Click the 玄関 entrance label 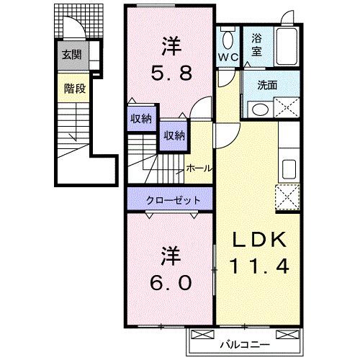click(x=71, y=55)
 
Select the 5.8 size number click(x=170, y=73)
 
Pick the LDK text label click(x=260, y=240)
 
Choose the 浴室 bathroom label click(x=256, y=47)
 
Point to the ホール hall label click(x=198, y=168)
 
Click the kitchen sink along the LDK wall click(x=289, y=170)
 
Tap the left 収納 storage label click(x=141, y=119)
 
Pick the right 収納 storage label click(x=174, y=135)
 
